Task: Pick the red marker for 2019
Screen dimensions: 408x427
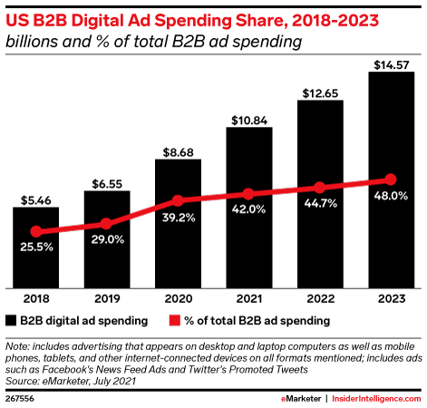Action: point(106,223)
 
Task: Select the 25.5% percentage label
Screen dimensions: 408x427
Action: point(35,248)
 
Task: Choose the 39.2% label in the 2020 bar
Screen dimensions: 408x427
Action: point(178,218)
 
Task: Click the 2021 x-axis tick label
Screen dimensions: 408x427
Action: point(248,297)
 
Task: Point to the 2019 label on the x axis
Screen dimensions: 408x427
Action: point(106,297)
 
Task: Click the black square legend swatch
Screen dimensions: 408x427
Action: point(11,320)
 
